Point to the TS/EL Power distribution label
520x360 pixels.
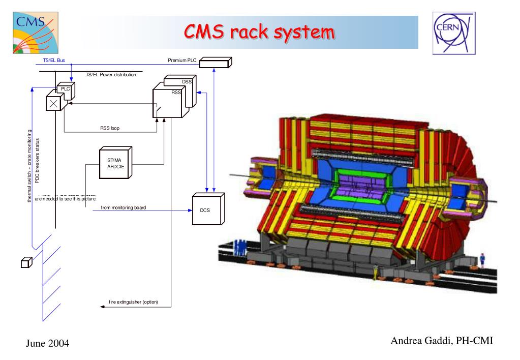(111, 75)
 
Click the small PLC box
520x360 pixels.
(66, 90)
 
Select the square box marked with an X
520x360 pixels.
(53, 103)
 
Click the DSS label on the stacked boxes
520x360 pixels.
(186, 82)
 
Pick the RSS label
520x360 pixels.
(176, 93)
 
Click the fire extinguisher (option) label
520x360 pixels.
(134, 302)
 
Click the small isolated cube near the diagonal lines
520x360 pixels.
(26, 262)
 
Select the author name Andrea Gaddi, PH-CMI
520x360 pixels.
(442, 341)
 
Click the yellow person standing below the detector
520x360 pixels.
(376, 272)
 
